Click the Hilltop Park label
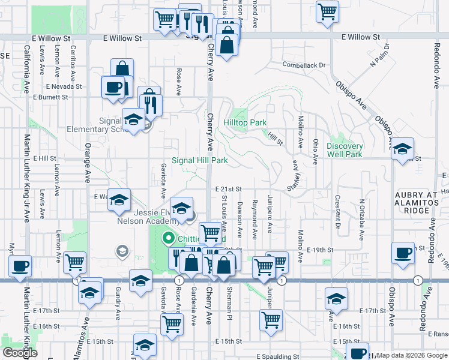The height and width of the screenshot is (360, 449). point(245,122)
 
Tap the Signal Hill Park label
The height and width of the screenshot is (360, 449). point(200,160)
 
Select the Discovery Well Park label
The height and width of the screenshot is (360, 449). point(345,150)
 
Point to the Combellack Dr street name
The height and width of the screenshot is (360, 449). point(304,65)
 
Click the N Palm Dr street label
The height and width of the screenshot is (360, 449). point(380,55)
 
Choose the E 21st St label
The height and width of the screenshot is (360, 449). point(228,189)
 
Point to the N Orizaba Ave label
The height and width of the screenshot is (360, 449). point(362,214)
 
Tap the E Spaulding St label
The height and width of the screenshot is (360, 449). point(277,356)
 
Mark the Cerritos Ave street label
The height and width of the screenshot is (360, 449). point(72,64)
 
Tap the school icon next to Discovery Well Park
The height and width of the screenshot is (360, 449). point(403,149)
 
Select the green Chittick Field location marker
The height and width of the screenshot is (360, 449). point(169,238)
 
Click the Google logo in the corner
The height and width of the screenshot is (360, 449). point(20,352)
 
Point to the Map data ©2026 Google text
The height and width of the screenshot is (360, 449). point(412,355)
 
